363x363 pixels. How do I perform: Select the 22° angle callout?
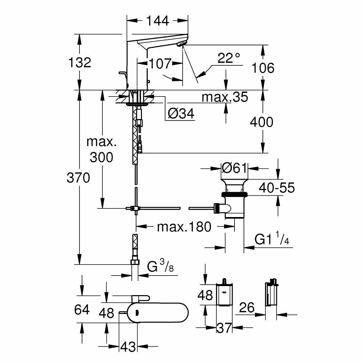[229, 58]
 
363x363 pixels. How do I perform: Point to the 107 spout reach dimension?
[159, 64]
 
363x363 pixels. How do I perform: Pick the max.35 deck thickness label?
[225, 97]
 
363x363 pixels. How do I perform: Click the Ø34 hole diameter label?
[181, 114]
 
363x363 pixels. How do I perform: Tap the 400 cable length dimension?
[261, 122]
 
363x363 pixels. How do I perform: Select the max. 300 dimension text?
[102, 149]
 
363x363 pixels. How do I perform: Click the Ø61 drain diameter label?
[234, 168]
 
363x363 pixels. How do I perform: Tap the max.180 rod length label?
[184, 227]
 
